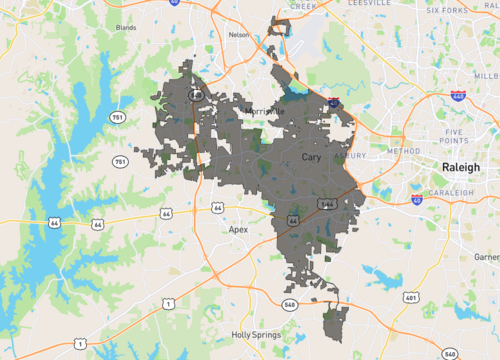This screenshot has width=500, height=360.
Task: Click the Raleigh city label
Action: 460,165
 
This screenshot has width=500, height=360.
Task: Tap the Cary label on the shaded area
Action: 312,158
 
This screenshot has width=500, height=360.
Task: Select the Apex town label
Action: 238,229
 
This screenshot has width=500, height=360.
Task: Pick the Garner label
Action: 487,257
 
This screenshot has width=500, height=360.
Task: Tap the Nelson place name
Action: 238,34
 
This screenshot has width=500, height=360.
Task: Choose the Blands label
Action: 126,28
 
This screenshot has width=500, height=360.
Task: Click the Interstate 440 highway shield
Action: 457,95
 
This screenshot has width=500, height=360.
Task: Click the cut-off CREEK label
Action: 302,5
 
